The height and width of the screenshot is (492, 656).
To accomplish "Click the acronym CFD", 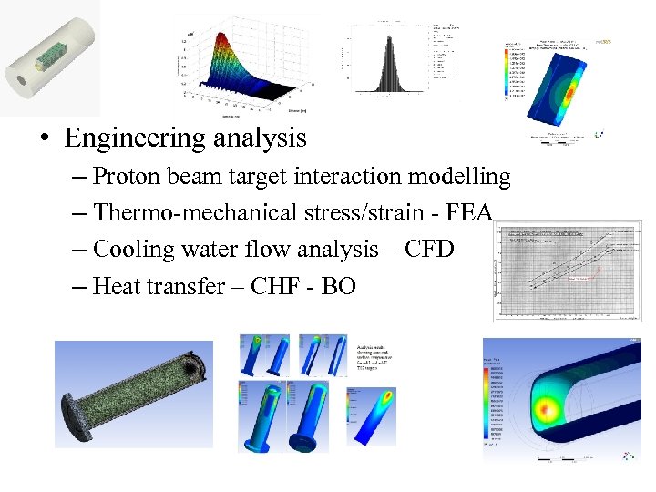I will pos(428,250).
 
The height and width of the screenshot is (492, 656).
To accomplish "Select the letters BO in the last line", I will pos(338,286).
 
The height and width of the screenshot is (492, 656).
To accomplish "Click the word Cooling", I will pos(129,250).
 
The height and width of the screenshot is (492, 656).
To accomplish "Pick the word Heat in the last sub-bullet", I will pos(116,286).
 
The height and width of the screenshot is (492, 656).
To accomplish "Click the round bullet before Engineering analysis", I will pos(43,139).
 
